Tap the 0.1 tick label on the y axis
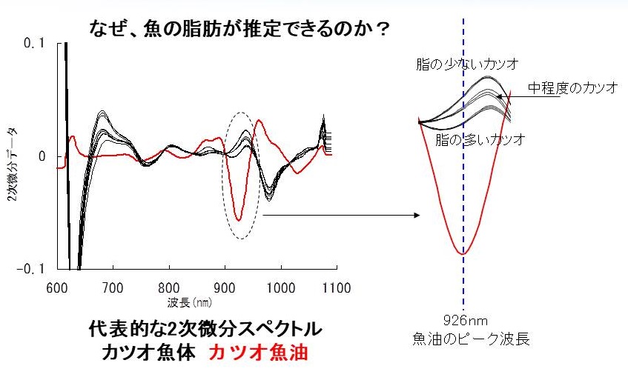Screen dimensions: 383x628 34,44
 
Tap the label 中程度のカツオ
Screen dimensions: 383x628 572,87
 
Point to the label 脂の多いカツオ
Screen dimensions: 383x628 480,139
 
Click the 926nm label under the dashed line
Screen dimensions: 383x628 464,322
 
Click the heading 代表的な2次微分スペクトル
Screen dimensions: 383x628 205,329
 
